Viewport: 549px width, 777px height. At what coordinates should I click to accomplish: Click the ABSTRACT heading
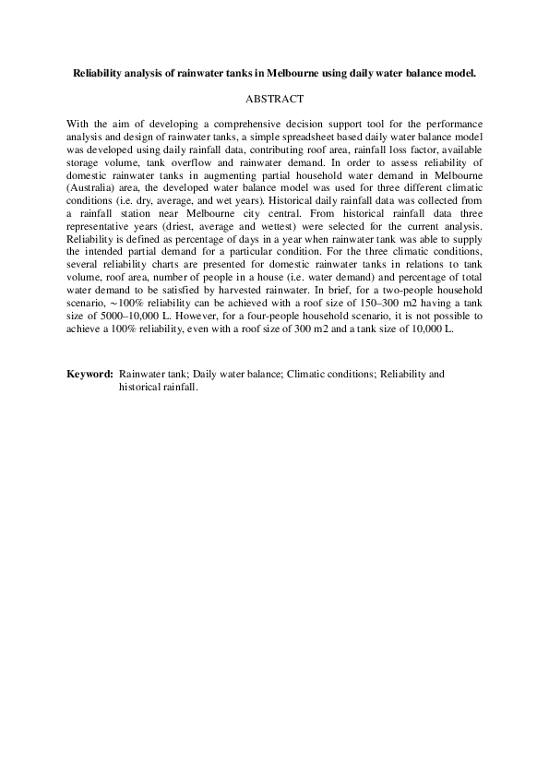pyautogui.click(x=274, y=96)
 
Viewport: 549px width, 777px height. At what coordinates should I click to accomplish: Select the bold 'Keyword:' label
pyautogui.click(x=90, y=375)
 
